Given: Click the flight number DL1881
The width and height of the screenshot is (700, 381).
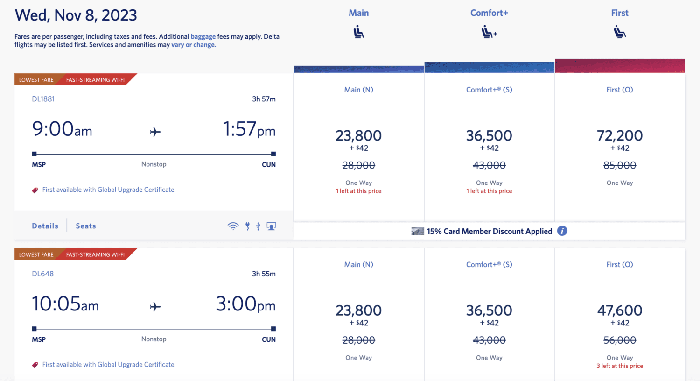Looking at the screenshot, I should pyautogui.click(x=43, y=99).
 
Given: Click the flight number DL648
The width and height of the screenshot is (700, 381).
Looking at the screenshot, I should pyautogui.click(x=42, y=274).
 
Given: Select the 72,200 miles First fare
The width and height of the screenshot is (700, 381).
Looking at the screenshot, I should pyautogui.click(x=619, y=136).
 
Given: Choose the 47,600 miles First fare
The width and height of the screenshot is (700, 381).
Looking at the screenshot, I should pyautogui.click(x=619, y=310).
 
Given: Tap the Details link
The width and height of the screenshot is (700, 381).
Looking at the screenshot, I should pyautogui.click(x=45, y=226).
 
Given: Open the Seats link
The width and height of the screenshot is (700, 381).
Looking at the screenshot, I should pyautogui.click(x=86, y=226).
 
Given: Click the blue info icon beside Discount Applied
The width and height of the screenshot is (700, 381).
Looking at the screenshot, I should pyautogui.click(x=562, y=231).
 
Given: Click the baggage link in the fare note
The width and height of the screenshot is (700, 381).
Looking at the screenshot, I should pyautogui.click(x=203, y=36).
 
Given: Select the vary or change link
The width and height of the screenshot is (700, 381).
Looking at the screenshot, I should pyautogui.click(x=193, y=45).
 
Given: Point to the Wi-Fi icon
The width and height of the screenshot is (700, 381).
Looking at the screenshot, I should pyautogui.click(x=233, y=226).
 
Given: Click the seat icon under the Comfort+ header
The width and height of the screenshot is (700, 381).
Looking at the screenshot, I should pyautogui.click(x=489, y=33).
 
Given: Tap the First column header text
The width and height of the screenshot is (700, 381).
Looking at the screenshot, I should pyautogui.click(x=620, y=13).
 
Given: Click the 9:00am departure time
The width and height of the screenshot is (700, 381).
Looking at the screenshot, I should pyautogui.click(x=62, y=129).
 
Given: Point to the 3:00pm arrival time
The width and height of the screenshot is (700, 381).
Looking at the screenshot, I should pyautogui.click(x=245, y=304).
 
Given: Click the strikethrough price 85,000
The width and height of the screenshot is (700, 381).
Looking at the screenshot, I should pyautogui.click(x=619, y=165).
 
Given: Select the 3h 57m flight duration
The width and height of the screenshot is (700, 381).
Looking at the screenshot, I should pyautogui.click(x=264, y=99).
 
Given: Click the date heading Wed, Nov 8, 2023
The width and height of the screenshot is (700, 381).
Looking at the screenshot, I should pyautogui.click(x=76, y=15).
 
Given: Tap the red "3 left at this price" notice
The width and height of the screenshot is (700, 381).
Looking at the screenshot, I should pyautogui.click(x=619, y=366).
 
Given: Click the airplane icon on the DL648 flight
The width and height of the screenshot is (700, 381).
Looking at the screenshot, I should pyautogui.click(x=155, y=307).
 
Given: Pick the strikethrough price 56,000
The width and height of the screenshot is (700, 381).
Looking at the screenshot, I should pyautogui.click(x=619, y=340).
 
